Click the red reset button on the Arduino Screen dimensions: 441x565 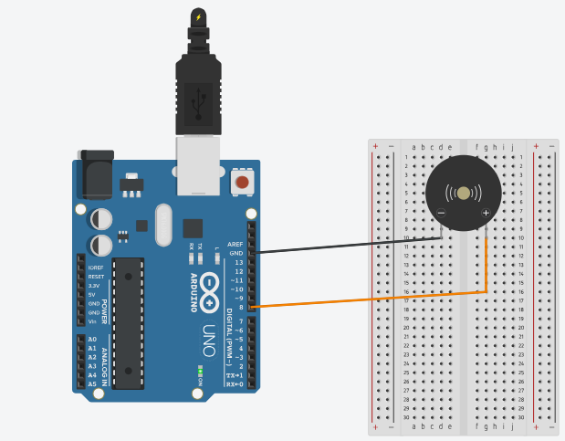242,183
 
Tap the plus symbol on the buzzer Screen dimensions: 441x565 486,214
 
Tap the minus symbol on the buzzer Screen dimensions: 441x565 441,214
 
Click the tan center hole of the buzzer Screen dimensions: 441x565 464,193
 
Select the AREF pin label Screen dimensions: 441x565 235,244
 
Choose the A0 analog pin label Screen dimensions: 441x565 92,339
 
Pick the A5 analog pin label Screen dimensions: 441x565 92,384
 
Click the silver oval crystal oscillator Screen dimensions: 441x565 163,225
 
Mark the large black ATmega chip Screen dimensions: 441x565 129,321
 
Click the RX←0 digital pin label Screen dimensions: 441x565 235,384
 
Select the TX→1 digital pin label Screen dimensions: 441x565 235,375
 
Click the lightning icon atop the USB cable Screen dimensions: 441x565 198,16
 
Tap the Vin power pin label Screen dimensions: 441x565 92,321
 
